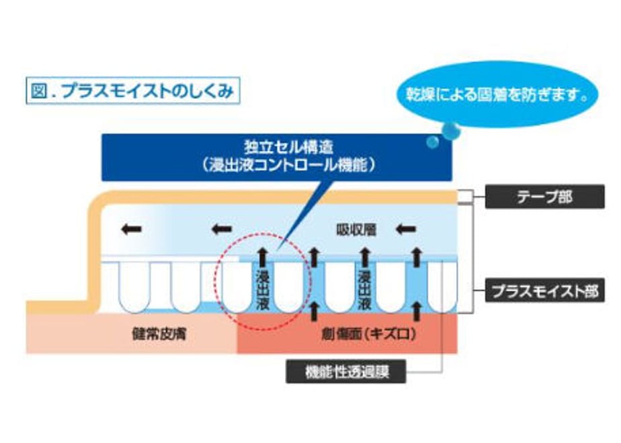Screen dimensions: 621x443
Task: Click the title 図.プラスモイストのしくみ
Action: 133,91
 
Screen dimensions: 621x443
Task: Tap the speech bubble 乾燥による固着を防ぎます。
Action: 497,94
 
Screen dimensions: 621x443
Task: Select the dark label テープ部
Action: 544,197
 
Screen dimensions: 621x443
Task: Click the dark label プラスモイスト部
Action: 544,291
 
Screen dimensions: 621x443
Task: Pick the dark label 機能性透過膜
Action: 346,371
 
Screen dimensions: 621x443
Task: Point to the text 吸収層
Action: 356,230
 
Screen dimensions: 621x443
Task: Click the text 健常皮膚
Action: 159,334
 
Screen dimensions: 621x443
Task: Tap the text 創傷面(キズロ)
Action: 369,335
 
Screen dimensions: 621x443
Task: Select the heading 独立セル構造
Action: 289,147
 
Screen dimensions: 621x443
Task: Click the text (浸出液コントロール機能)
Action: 289,165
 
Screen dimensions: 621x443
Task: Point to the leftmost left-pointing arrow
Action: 132,229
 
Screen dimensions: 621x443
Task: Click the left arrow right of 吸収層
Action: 406,229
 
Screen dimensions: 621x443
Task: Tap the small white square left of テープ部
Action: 464,197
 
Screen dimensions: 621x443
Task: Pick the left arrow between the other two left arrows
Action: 222,229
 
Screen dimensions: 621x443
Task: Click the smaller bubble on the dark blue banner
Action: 433,142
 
